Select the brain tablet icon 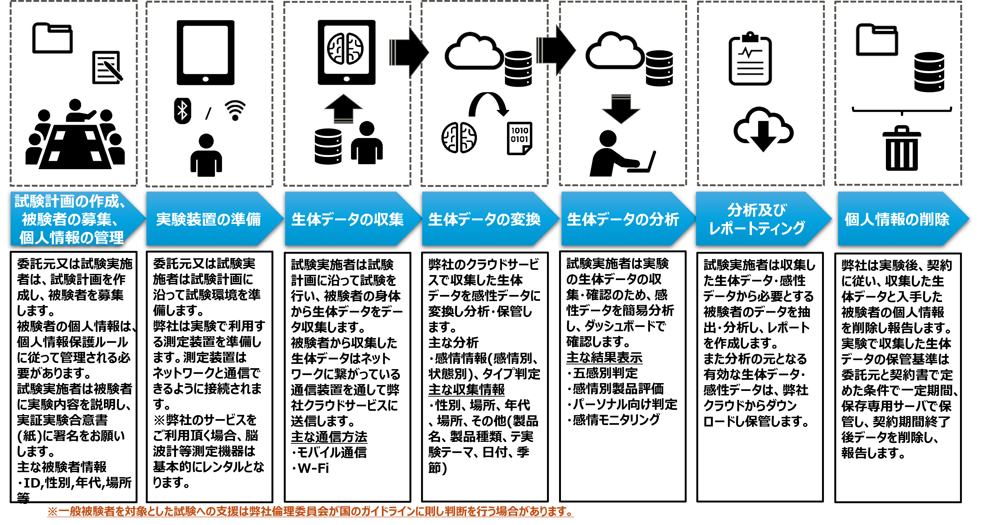tap(346, 52)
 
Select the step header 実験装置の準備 tap(209, 219)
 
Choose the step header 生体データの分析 tap(623, 219)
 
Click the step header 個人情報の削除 tap(897, 219)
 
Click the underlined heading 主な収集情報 tap(466, 389)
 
